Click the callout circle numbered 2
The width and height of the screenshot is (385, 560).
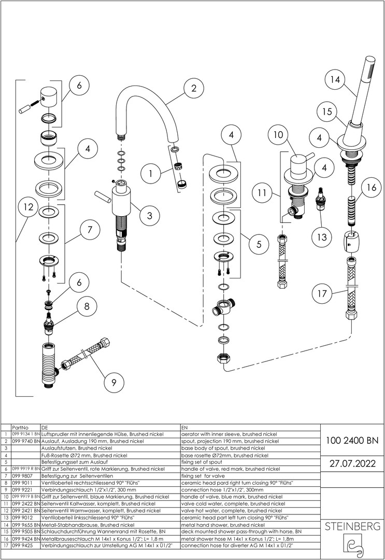point(194,88)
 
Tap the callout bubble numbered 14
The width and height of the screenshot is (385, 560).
point(335,80)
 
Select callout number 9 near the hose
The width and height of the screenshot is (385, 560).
point(113,383)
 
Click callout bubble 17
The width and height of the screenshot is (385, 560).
point(322,293)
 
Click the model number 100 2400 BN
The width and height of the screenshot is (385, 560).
point(352,441)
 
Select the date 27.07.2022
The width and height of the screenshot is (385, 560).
point(352,463)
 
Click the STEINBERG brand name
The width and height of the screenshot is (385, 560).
point(352,527)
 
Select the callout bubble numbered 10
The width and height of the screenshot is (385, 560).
point(278,135)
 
